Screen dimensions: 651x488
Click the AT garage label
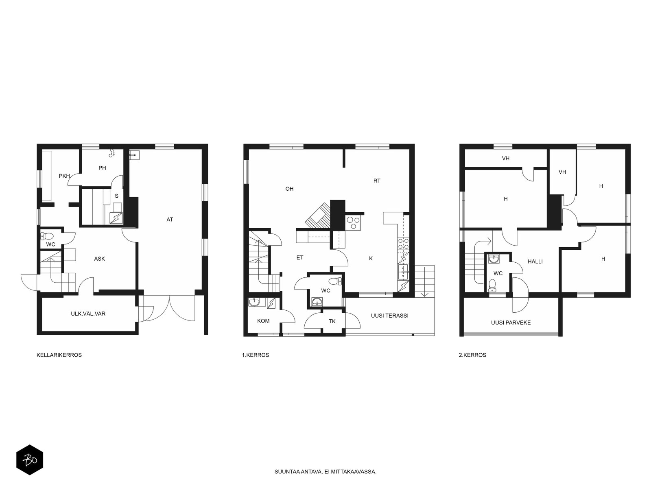coord(170,220)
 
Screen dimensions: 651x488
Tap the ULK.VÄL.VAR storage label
coord(88,314)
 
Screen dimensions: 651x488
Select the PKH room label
coord(64,176)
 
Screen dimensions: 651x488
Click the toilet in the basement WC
coord(47,236)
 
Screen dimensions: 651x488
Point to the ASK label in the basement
coord(99,259)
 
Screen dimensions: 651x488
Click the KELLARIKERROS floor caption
coord(59,355)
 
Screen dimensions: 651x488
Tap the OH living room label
coord(289,189)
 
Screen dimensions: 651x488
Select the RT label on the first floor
coord(377,181)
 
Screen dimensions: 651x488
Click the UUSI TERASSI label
coord(389,316)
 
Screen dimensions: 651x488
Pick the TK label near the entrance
coord(332,321)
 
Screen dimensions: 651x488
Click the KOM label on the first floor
coord(263,321)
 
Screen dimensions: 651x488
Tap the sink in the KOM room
coord(254,302)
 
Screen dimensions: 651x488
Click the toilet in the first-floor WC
coord(335,281)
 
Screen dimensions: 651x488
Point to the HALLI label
coord(535,261)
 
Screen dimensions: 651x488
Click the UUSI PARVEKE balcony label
coord(511,322)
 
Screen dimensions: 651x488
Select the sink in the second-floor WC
coord(494,259)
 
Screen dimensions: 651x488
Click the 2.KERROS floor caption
coord(472,355)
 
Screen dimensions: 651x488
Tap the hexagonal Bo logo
coord(30,460)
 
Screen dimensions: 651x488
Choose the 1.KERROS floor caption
coord(256,355)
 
